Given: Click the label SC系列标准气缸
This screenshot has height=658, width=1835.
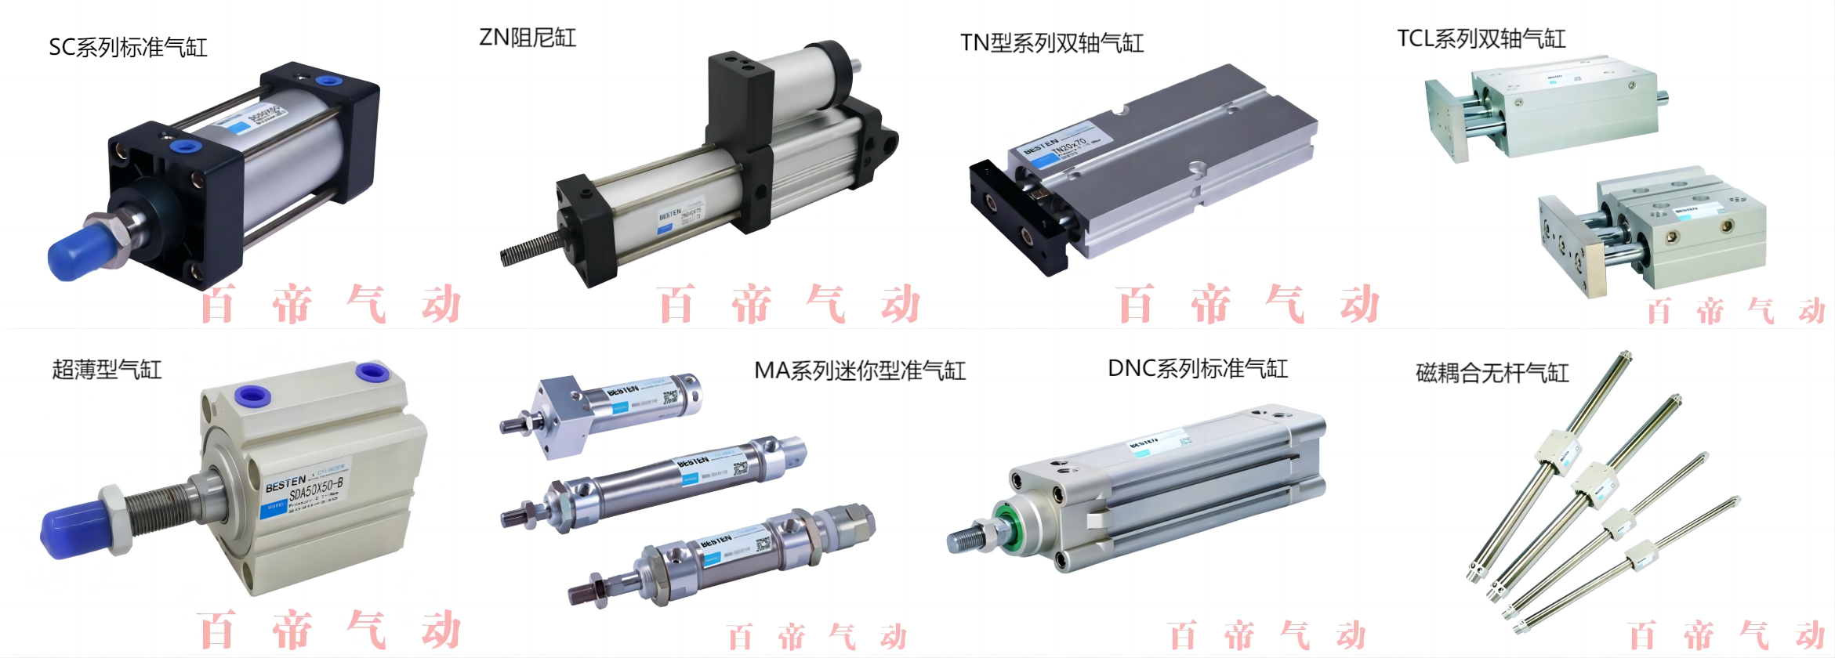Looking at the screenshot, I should [128, 48].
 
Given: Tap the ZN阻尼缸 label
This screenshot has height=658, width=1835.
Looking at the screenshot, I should [528, 38].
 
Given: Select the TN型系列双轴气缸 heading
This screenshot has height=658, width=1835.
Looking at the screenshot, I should [1052, 43].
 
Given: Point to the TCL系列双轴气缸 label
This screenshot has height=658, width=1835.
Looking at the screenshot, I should [1481, 39].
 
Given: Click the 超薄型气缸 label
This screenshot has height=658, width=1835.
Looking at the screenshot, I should [107, 370].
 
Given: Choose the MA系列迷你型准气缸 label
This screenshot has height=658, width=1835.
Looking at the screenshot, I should [860, 371].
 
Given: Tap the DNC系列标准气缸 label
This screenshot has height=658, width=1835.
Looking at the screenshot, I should [1198, 369].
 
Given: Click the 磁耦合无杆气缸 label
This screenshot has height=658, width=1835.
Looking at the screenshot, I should [1492, 373].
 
